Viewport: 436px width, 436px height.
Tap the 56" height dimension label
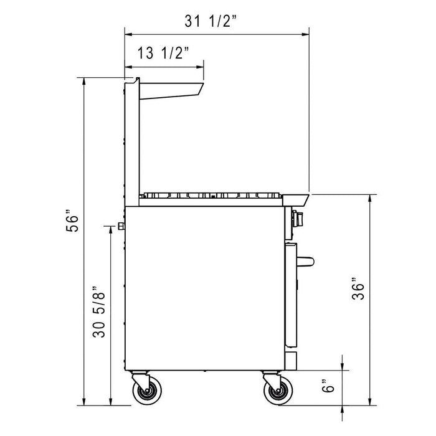(74, 223)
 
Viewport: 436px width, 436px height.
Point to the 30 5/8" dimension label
(98, 313)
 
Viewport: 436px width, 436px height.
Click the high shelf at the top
(171, 89)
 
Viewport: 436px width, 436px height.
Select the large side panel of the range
(206, 287)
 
